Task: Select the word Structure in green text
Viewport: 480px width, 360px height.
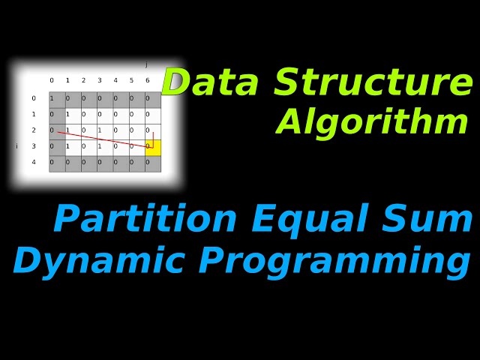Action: click(x=373, y=83)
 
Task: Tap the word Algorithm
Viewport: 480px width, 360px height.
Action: click(x=373, y=122)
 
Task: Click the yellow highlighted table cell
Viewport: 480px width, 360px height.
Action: click(x=153, y=147)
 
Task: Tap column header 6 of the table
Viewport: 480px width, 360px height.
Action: click(x=147, y=81)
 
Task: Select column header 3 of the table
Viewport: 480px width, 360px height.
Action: click(x=99, y=81)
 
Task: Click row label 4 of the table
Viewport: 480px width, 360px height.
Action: click(x=33, y=163)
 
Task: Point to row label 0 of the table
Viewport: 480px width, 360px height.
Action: click(x=33, y=99)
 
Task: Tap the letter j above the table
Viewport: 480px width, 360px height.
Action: click(x=146, y=65)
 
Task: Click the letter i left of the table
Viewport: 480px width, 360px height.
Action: click(x=16, y=146)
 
